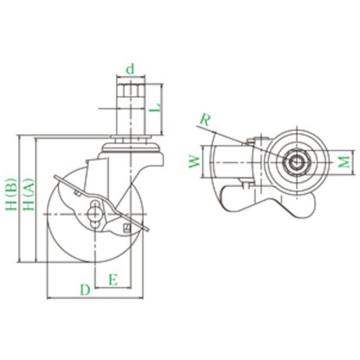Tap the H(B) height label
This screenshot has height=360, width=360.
12,194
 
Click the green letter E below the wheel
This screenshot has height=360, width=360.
113,280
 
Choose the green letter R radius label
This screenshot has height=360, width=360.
205,120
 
